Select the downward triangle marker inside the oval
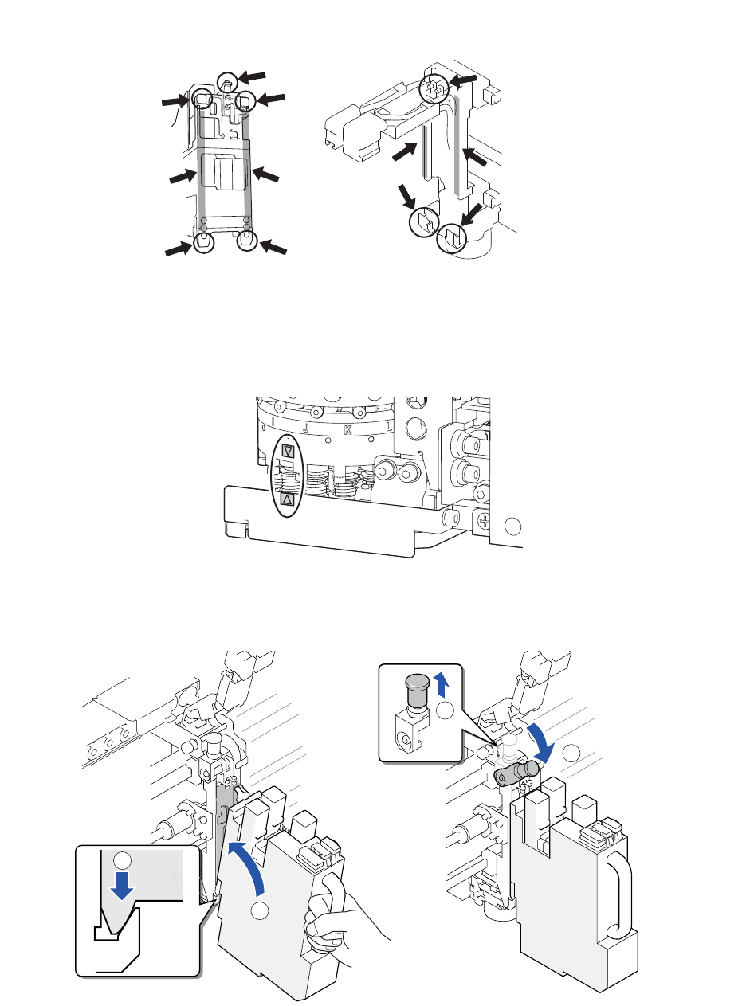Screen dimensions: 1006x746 pyautogui.click(x=289, y=451)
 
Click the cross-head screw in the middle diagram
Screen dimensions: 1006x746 pyautogui.click(x=483, y=523)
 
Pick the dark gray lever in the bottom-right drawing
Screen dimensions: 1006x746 pyautogui.click(x=516, y=773)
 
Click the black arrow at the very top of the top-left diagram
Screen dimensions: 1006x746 pyautogui.click(x=253, y=76)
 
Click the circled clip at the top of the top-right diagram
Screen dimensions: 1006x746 pyautogui.click(x=435, y=88)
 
